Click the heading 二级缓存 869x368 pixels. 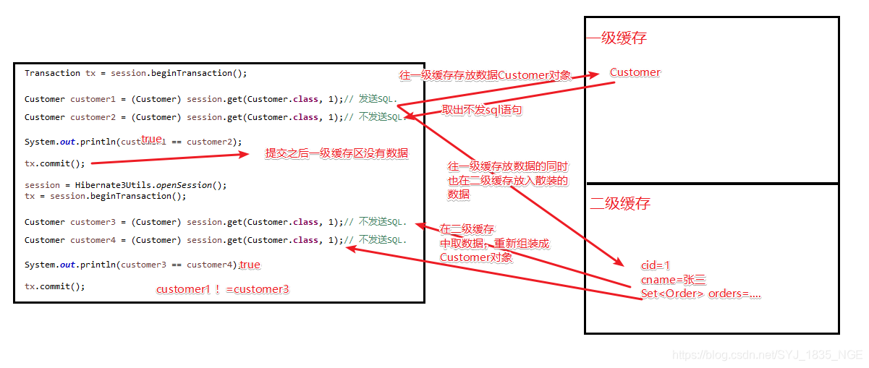click(620, 204)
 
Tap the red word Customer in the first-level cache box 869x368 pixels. click(635, 72)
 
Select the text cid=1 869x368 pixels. click(656, 265)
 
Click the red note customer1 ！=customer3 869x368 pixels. click(223, 289)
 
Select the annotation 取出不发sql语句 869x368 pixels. click(482, 110)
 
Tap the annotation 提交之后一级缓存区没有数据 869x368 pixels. click(336, 153)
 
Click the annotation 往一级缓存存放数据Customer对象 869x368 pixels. click(485, 75)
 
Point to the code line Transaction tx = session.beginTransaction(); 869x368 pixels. click(135, 73)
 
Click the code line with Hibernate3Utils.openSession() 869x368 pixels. click(125, 185)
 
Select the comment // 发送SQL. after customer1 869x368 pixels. click(370, 99)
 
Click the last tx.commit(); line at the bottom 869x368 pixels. click(54, 286)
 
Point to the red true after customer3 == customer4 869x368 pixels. click(250, 265)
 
